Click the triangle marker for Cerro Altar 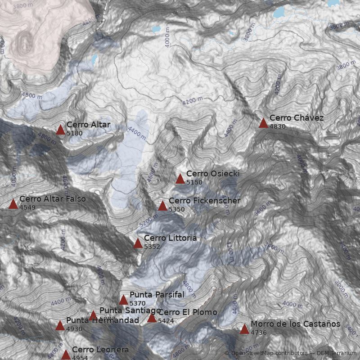(60, 130)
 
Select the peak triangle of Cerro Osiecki (180, 179)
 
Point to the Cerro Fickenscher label (204, 201)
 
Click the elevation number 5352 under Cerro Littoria (152, 246)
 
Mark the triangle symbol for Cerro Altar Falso (13, 204)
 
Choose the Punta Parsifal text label (157, 295)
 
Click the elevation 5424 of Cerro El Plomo (166, 320)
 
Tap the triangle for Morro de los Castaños (244, 329)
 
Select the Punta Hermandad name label (103, 320)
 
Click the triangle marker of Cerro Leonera (66, 355)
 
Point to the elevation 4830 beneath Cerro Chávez (278, 126)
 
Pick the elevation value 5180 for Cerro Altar (74, 133)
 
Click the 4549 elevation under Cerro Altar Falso (27, 207)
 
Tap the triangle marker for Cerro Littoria (138, 243)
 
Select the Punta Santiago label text (130, 310)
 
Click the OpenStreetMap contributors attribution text (269, 353)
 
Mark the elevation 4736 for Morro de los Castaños (259, 333)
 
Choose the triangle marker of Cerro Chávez (263, 123)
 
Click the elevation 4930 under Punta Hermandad (74, 329)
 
